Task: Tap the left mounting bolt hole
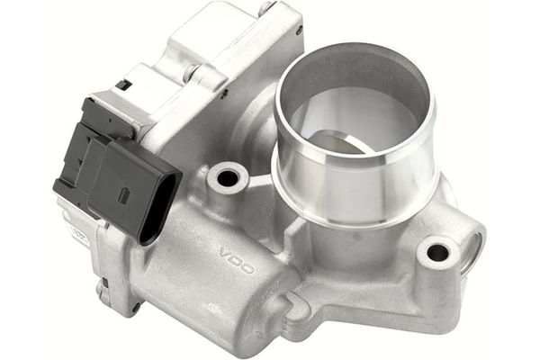(x=228, y=177)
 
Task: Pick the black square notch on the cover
(x=122, y=85)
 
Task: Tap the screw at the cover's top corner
(x=266, y=10)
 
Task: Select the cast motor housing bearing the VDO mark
(x=216, y=270)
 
